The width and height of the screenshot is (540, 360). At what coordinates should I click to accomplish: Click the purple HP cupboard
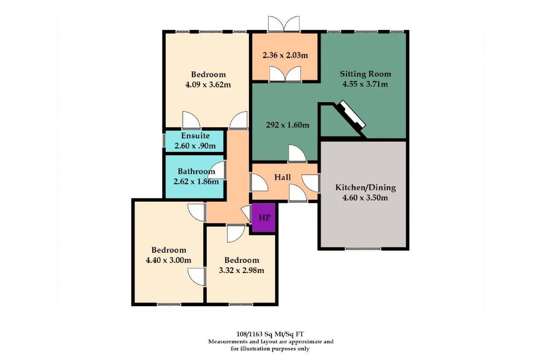click(x=264, y=217)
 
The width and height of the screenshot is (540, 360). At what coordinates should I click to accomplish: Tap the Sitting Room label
click(x=365, y=74)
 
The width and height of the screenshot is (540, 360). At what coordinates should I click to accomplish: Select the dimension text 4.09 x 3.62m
click(x=208, y=85)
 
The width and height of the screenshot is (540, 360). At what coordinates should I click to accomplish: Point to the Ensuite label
click(x=195, y=136)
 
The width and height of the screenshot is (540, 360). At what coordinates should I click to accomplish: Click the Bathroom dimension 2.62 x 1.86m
click(x=196, y=181)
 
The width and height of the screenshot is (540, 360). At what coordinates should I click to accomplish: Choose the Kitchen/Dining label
click(x=365, y=187)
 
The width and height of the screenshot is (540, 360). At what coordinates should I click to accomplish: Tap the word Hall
click(x=282, y=178)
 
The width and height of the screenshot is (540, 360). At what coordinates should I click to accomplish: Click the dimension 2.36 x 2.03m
click(x=285, y=55)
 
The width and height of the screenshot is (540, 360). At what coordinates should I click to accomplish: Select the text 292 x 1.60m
click(x=288, y=125)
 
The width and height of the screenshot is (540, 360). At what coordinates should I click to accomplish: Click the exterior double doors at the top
click(x=284, y=24)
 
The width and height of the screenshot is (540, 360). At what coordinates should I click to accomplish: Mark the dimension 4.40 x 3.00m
click(x=168, y=260)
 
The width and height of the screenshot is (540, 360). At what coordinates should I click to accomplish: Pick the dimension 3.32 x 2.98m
click(x=242, y=270)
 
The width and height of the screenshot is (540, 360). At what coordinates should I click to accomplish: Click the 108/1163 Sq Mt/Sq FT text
click(x=270, y=334)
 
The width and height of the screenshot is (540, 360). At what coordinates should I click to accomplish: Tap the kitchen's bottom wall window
click(x=363, y=249)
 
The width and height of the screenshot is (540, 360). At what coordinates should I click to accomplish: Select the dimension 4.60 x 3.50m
click(x=365, y=198)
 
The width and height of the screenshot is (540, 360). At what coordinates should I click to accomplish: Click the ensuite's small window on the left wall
click(x=164, y=140)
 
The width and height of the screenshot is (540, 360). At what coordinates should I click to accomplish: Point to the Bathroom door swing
click(x=217, y=170)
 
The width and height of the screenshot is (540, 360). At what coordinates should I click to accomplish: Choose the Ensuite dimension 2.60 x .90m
click(x=195, y=146)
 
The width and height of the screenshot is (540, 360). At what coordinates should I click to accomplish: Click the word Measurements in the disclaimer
click(x=228, y=341)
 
